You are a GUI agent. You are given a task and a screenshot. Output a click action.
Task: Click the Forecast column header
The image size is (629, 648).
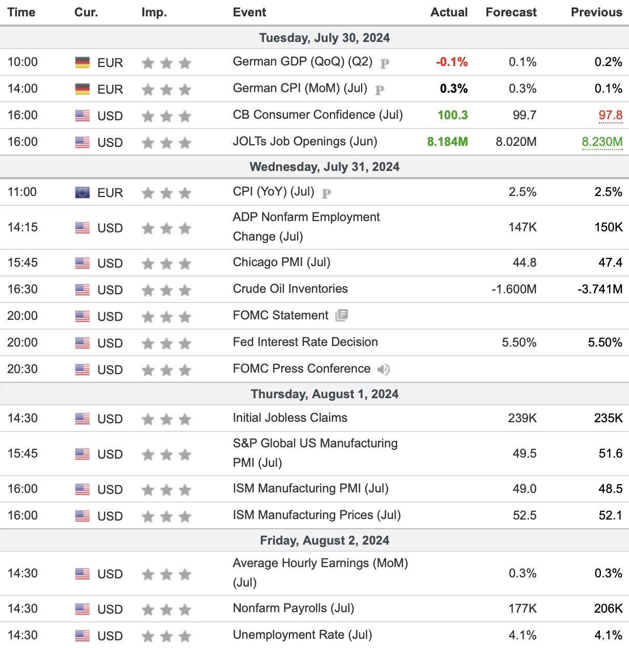click(511, 12)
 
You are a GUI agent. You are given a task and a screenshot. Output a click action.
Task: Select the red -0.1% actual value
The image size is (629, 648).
click(452, 62)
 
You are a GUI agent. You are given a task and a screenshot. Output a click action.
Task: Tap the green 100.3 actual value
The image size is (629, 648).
click(452, 115)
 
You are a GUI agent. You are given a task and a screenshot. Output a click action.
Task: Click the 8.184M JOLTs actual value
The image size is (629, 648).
click(448, 142)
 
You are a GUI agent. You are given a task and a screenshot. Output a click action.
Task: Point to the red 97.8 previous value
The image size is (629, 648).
click(611, 115)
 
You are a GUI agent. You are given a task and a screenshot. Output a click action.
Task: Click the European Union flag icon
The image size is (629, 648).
click(82, 192)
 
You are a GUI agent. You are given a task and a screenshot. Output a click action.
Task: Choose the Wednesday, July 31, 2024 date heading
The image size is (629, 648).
click(325, 167)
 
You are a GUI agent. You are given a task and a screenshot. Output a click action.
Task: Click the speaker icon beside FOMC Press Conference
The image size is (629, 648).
click(384, 369)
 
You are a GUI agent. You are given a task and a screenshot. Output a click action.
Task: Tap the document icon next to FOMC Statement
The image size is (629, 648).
click(342, 315)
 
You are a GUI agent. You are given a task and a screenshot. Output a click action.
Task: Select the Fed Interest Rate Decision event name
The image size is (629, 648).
click(305, 342)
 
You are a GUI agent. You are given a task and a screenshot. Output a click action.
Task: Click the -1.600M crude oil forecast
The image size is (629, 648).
click(514, 289)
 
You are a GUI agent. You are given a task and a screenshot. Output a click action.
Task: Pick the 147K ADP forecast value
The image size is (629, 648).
click(522, 227)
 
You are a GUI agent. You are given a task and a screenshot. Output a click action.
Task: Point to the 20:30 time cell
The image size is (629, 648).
click(23, 369)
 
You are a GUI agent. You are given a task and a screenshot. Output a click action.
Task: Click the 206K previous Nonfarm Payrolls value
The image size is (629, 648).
click(609, 609)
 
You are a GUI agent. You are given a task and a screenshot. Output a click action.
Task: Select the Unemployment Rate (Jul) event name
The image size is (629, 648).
click(303, 635)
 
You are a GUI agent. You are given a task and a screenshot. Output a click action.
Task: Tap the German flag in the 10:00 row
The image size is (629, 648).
click(82, 62)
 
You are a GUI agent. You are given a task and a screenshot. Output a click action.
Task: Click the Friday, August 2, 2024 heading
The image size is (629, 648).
click(325, 541)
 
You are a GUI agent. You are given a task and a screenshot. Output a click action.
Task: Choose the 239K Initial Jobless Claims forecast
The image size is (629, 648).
click(522, 418)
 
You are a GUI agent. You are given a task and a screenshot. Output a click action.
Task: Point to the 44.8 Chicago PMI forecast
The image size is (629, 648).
click(525, 263)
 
